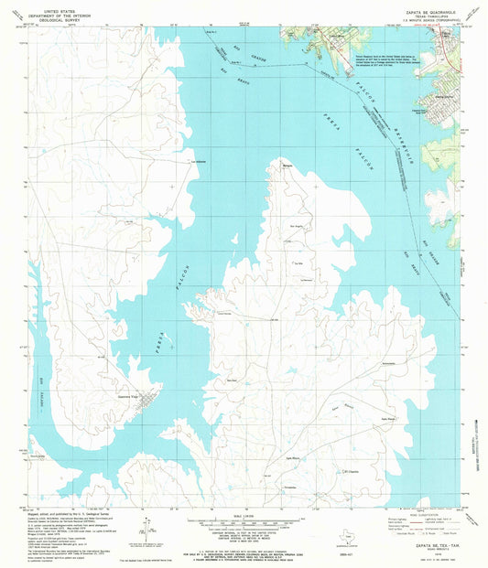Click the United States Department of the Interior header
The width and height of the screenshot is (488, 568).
(x=55, y=13)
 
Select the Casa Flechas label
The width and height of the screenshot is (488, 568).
(x=222, y=313)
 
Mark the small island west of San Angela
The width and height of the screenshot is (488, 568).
(x=276, y=226)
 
